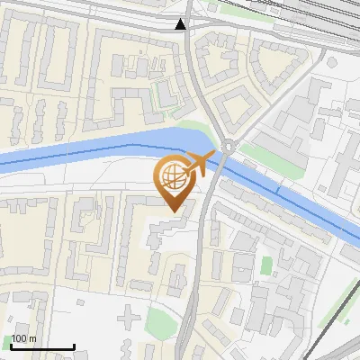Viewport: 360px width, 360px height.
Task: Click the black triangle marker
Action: (182, 24)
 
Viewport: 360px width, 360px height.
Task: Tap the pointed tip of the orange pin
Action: (175, 211)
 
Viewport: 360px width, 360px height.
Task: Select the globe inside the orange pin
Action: (174, 179)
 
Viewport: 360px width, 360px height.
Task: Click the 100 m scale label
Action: (23, 338)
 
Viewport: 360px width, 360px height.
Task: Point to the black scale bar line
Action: (41, 346)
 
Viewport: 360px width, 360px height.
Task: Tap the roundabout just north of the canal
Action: (229, 146)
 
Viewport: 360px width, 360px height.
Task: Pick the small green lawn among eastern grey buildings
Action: (265, 265)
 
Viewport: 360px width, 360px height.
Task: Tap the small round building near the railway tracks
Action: (331, 62)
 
